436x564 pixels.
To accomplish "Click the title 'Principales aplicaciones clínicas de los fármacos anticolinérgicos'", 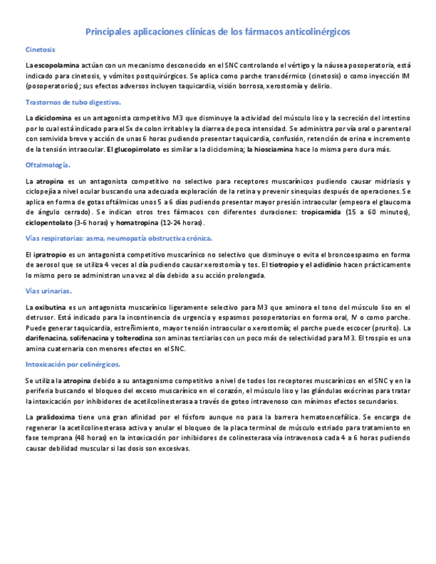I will (x=218, y=32).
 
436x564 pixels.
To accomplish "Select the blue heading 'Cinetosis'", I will (x=40, y=50).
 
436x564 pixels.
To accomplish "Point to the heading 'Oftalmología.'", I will (x=47, y=164).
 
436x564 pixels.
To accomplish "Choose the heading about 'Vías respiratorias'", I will (x=118, y=238).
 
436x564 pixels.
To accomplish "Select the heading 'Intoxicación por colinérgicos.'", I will (x=73, y=364).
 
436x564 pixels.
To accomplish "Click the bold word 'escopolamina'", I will (x=57, y=65).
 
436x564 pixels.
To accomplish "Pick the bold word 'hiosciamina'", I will (x=270, y=150).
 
